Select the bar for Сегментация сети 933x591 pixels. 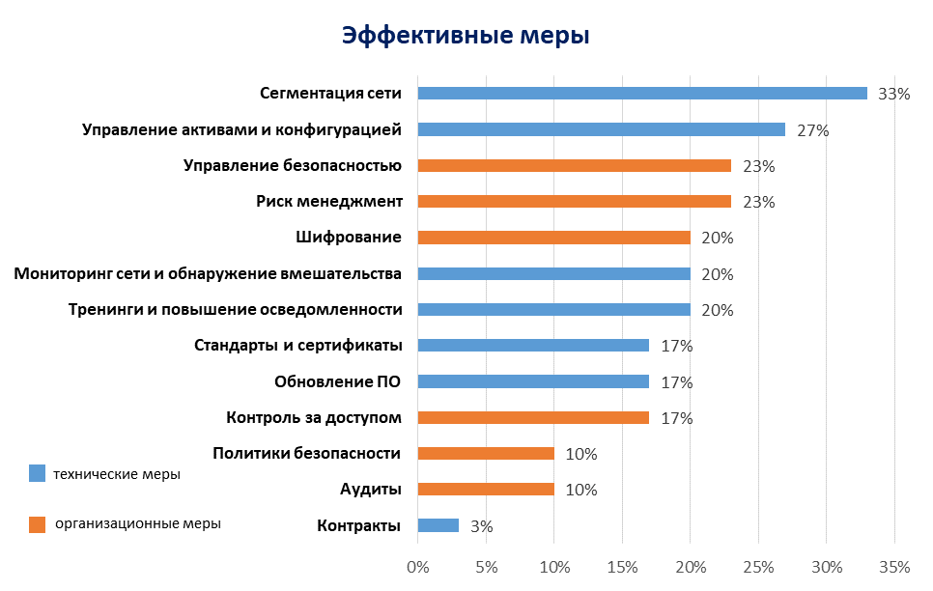[642, 94]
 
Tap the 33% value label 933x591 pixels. [894, 94]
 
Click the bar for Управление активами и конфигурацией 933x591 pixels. [601, 129]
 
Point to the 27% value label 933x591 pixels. [812, 130]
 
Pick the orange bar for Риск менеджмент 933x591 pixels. [574, 202]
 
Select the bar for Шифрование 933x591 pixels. [553, 238]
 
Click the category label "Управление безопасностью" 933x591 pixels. [293, 165]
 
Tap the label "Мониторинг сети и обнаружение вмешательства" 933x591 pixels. [208, 273]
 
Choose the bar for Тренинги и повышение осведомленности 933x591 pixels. [553, 310]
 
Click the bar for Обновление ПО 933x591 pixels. [533, 381]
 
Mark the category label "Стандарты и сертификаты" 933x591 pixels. [298, 346]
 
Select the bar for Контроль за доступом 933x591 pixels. [533, 418]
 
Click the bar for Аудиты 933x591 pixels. [486, 490]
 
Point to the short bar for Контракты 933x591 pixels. [438, 525]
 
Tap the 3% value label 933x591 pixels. [482, 526]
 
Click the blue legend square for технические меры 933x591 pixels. [38, 473]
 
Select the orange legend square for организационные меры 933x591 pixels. [38, 524]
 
